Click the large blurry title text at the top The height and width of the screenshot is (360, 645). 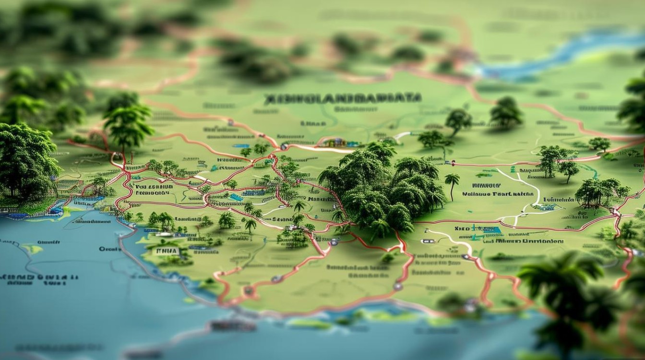[x=343, y=98]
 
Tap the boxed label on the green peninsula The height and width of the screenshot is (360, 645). [x=165, y=251]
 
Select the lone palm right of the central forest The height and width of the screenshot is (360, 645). [x=452, y=184]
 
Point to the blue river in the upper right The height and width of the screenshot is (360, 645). [x=552, y=55]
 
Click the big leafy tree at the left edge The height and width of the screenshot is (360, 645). [x=26, y=161]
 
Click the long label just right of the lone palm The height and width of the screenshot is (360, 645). [x=498, y=194]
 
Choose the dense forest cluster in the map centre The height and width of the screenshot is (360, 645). [x=379, y=190]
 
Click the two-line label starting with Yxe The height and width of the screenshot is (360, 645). [x=153, y=190]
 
